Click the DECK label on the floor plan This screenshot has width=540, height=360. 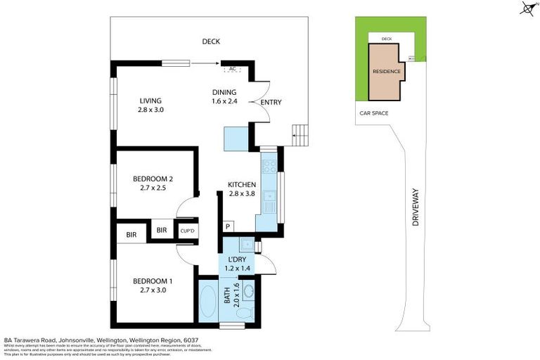212,41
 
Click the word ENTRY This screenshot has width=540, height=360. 271,103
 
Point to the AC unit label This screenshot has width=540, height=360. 233,69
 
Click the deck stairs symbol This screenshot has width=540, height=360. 300,134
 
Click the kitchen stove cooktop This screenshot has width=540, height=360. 268,167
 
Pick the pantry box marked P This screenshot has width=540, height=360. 228,226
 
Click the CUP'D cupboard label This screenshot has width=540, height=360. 187,231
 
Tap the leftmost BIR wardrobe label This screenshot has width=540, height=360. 131,233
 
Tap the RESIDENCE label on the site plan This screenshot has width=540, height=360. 386,72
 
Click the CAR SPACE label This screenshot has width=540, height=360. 373,113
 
